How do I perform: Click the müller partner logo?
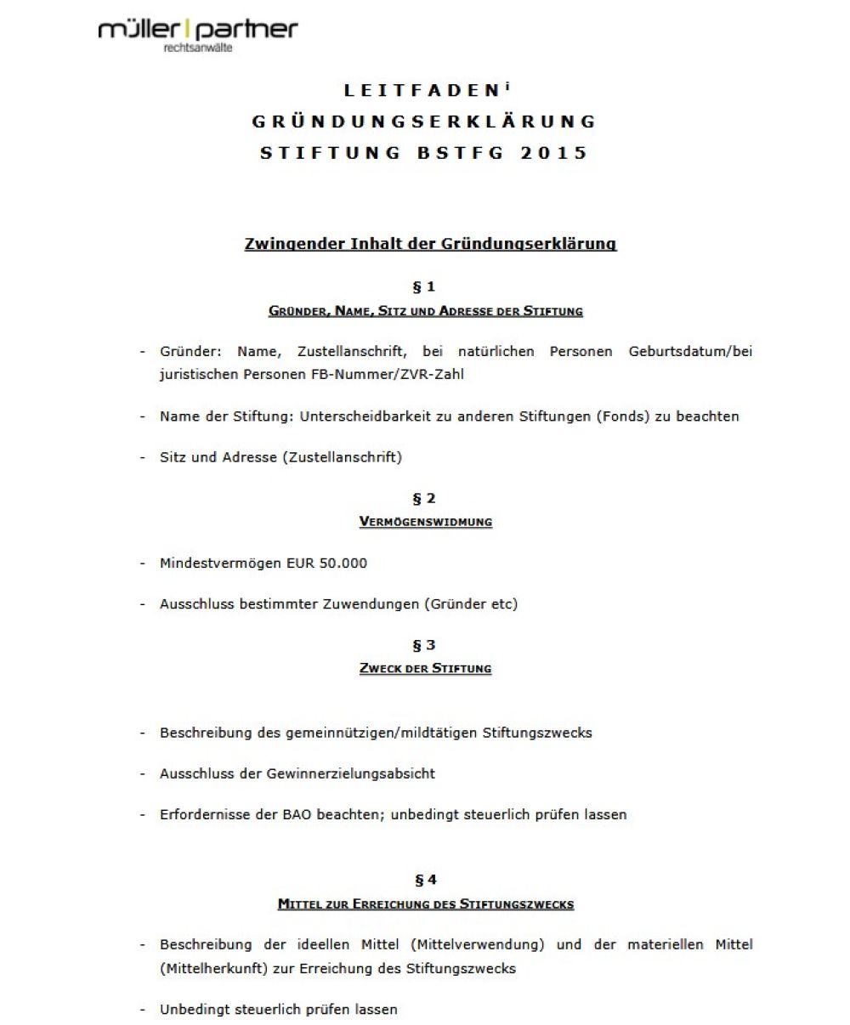[x=198, y=31]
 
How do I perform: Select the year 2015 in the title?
[x=554, y=153]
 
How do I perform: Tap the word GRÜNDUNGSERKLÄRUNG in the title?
[x=424, y=122]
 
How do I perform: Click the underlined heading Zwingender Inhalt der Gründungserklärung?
[x=430, y=245]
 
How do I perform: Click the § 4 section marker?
[x=425, y=881]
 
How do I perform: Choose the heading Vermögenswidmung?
[x=425, y=521]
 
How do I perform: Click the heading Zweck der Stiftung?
[x=425, y=668]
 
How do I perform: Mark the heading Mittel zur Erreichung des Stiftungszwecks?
[x=425, y=904]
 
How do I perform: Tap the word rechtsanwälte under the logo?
[x=197, y=48]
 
